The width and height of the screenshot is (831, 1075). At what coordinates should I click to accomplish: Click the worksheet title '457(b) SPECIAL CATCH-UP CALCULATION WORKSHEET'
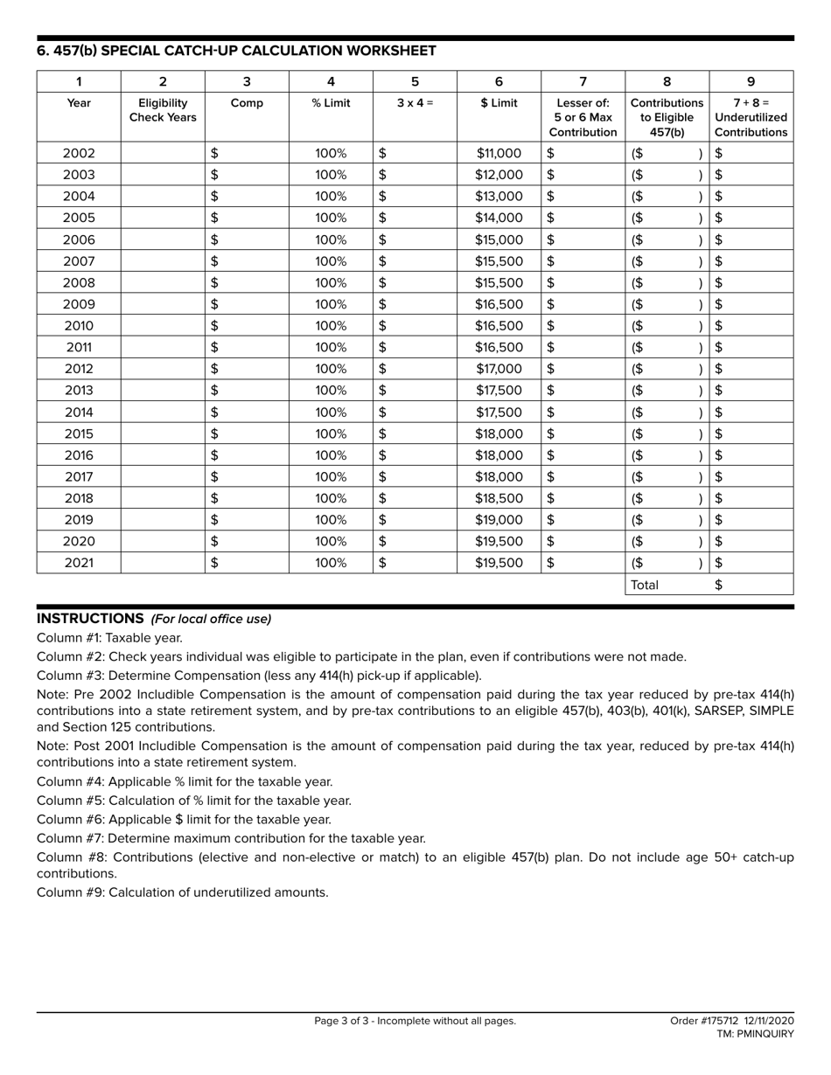click(x=236, y=51)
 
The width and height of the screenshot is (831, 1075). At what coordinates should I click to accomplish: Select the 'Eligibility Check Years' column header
click(x=163, y=110)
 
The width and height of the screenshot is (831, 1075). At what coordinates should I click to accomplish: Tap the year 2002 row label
click(x=79, y=153)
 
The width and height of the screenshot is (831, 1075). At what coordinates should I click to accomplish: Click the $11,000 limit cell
click(x=499, y=153)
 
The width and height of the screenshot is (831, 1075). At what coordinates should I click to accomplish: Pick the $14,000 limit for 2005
click(x=499, y=218)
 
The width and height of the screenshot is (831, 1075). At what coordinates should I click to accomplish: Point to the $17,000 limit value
click(x=499, y=369)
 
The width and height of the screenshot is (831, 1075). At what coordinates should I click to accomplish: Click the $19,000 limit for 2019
click(x=499, y=520)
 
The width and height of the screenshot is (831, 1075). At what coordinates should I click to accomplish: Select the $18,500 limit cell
click(x=499, y=498)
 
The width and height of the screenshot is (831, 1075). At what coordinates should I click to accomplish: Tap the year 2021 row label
click(x=79, y=563)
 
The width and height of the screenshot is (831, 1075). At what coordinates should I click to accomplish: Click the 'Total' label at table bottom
click(x=645, y=586)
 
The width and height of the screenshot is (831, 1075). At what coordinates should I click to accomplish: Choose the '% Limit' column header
click(x=331, y=103)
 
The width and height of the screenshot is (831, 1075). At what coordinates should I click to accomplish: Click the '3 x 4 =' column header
click(x=415, y=103)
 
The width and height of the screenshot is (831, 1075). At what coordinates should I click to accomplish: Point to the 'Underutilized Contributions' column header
click(x=751, y=117)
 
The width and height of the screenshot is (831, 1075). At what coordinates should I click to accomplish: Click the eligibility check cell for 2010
click(x=163, y=326)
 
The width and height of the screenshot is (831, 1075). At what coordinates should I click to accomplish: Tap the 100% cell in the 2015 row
click(x=331, y=433)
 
